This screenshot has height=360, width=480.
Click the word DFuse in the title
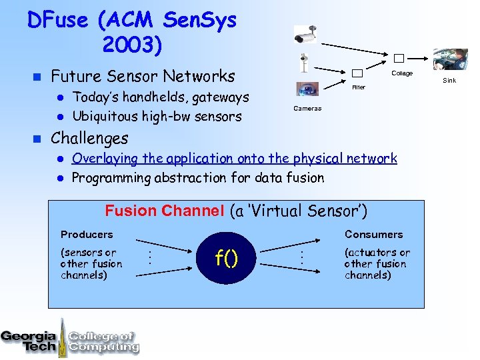pyautogui.click(x=59, y=20)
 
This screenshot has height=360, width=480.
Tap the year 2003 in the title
pyautogui.click(x=131, y=45)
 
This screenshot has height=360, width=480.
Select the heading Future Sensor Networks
pyautogui.click(x=143, y=76)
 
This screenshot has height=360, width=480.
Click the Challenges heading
pyautogui.click(x=89, y=139)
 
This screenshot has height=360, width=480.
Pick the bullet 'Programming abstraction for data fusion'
pyautogui.click(x=197, y=178)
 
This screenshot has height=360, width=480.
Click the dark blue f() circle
pyautogui.click(x=226, y=257)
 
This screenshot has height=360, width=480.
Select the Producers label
pyautogui.click(x=87, y=235)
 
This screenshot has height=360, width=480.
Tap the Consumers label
pyautogui.click(x=373, y=235)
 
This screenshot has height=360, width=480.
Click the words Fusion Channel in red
pyautogui.click(x=165, y=211)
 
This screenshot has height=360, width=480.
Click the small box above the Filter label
pyautogui.click(x=357, y=73)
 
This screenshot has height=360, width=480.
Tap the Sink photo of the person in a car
pyautogui.click(x=449, y=60)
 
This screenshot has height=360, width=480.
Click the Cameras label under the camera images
pyautogui.click(x=307, y=108)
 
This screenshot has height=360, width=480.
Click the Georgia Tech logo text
pyautogui.click(x=29, y=340)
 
